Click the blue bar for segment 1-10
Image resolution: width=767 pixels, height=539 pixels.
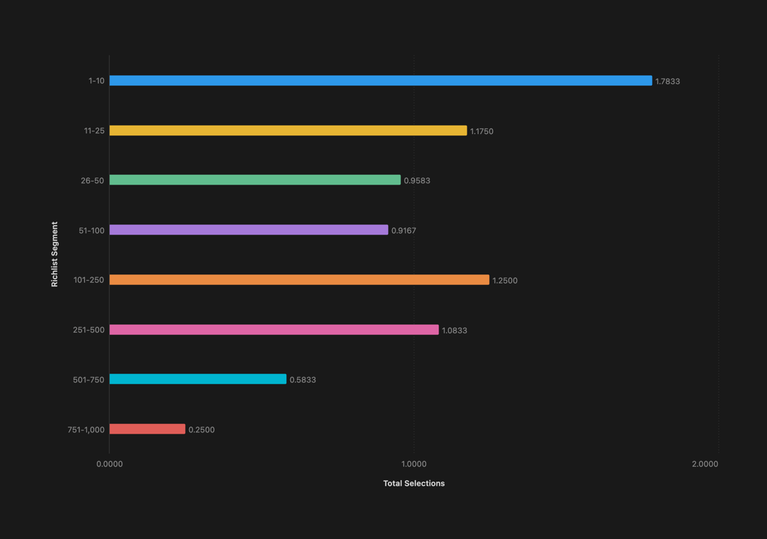[x=380, y=81]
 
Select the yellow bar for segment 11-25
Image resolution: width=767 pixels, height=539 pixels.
[x=288, y=131]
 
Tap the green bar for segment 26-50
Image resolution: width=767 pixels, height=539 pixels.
[x=255, y=180]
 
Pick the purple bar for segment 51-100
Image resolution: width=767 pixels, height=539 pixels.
[x=248, y=230]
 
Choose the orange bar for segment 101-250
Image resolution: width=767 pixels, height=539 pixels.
[x=299, y=280]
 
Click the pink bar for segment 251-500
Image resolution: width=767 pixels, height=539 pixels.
[x=274, y=330]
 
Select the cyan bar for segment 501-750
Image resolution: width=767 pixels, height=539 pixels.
[x=198, y=380]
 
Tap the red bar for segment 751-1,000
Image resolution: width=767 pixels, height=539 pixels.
[x=147, y=430]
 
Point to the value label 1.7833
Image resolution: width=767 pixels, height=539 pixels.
[x=667, y=81]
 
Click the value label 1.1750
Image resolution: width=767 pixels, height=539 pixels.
[x=481, y=131]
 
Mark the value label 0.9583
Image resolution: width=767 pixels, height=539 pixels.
[x=417, y=181]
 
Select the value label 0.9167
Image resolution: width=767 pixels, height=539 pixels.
[x=403, y=231]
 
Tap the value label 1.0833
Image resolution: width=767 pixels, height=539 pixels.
[x=454, y=331]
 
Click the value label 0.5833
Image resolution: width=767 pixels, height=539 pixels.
[x=302, y=380]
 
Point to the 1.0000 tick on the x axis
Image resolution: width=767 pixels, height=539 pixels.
[x=414, y=464]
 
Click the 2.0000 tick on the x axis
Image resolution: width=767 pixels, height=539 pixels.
[x=705, y=464]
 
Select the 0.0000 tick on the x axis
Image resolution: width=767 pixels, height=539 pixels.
[x=109, y=464]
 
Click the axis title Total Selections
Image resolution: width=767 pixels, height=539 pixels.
[x=414, y=484]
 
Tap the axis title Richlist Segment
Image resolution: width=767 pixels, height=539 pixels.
[x=55, y=255]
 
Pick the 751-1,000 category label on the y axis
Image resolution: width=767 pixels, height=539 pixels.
[x=86, y=430]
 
